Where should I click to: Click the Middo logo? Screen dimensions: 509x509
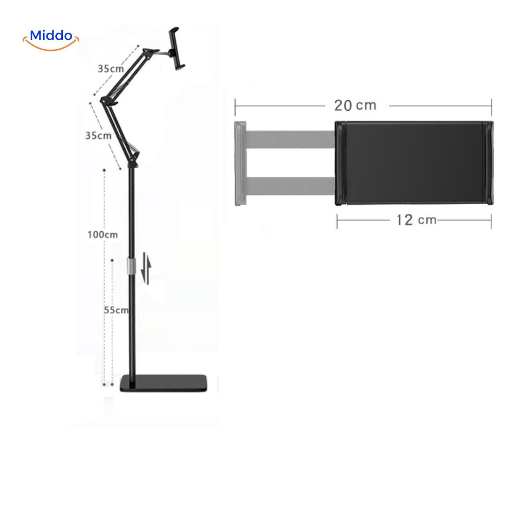[51, 39]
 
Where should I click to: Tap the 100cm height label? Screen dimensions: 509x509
[103, 235]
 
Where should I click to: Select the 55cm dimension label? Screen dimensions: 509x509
[116, 310]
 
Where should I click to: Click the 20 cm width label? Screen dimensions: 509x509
[355, 105]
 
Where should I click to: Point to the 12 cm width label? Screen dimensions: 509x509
[417, 220]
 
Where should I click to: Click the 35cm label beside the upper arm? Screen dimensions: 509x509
[111, 69]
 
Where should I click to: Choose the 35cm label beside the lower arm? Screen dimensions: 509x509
[98, 136]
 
